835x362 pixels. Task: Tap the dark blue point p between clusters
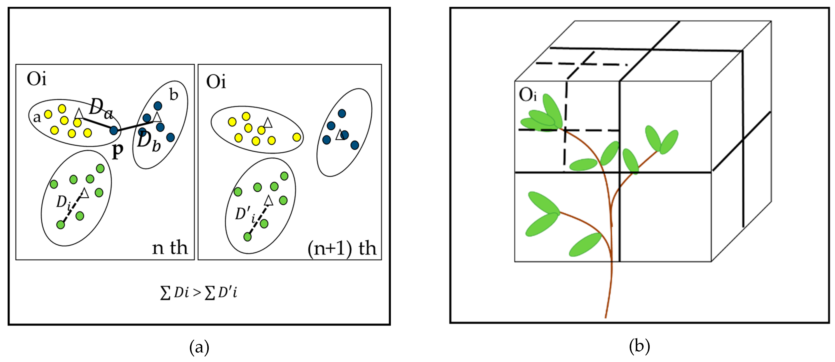[x=114, y=130]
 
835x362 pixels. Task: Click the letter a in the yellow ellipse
[x=37, y=117]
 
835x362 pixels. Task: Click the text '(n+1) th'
[x=342, y=249]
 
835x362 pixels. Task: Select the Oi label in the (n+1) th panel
[x=216, y=82]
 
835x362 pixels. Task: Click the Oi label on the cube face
[x=528, y=95]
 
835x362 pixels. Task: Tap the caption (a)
[x=199, y=347]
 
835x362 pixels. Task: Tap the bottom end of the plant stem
[x=606, y=317]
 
